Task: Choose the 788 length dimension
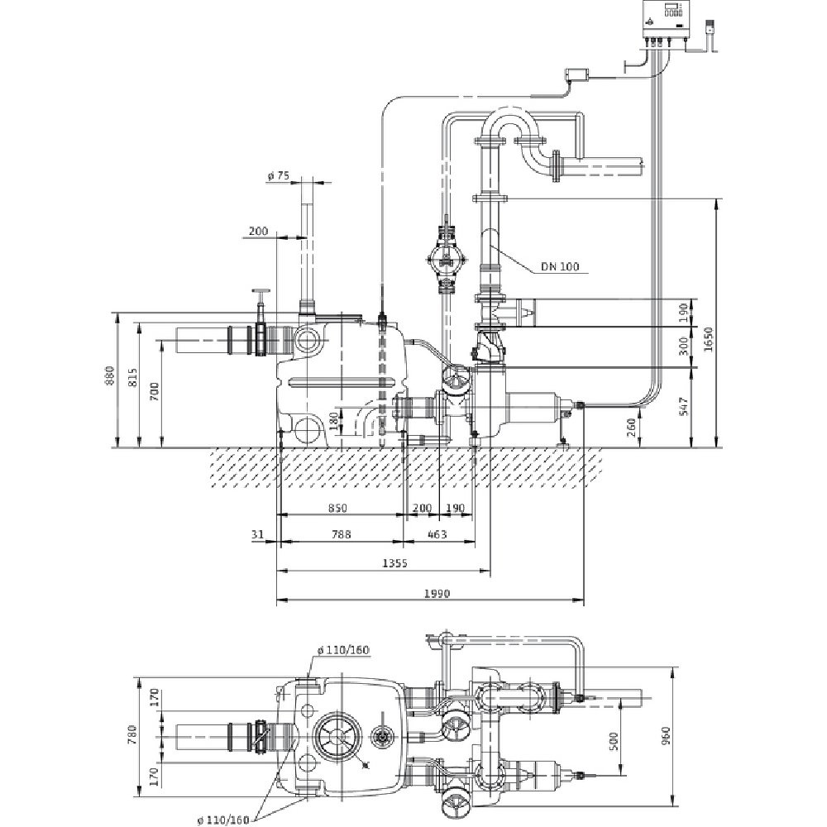pyautogui.click(x=340, y=534)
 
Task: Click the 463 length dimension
pyautogui.click(x=437, y=534)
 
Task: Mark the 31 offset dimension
pyautogui.click(x=257, y=534)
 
